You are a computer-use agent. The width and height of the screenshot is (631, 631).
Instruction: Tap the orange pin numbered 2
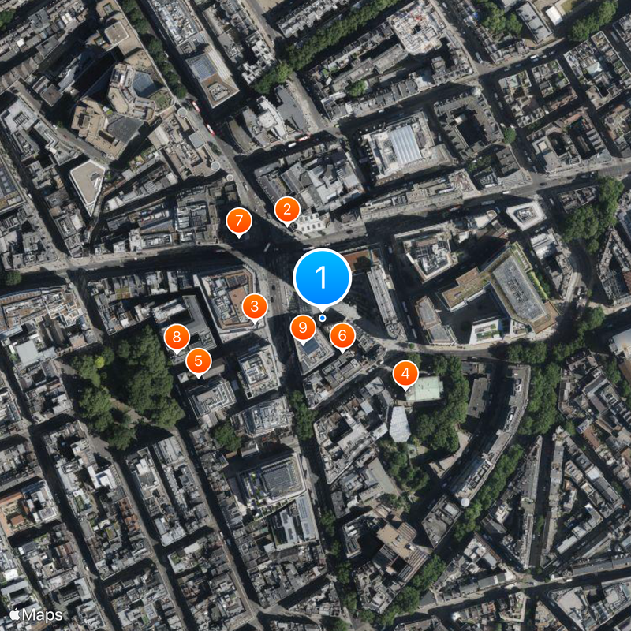pyautogui.click(x=286, y=210)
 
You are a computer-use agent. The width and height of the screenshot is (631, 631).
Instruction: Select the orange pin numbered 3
pyautogui.click(x=254, y=307)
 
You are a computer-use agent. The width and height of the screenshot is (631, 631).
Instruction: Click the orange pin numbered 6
pyautogui.click(x=342, y=336)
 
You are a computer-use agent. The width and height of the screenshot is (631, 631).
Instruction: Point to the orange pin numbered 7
pyautogui.click(x=238, y=222)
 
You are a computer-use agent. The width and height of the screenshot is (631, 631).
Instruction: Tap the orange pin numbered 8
pyautogui.click(x=177, y=338)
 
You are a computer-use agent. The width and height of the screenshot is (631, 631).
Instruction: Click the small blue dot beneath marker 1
pyautogui.click(x=322, y=318)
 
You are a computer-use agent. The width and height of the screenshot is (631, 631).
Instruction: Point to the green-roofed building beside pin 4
pyautogui.click(x=427, y=388)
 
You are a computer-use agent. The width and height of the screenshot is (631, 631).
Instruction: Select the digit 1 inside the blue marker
pyautogui.click(x=322, y=277)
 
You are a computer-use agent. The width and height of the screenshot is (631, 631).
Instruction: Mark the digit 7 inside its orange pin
pyautogui.click(x=238, y=221)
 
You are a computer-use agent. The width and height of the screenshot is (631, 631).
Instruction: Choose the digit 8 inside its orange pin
pyautogui.click(x=177, y=337)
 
